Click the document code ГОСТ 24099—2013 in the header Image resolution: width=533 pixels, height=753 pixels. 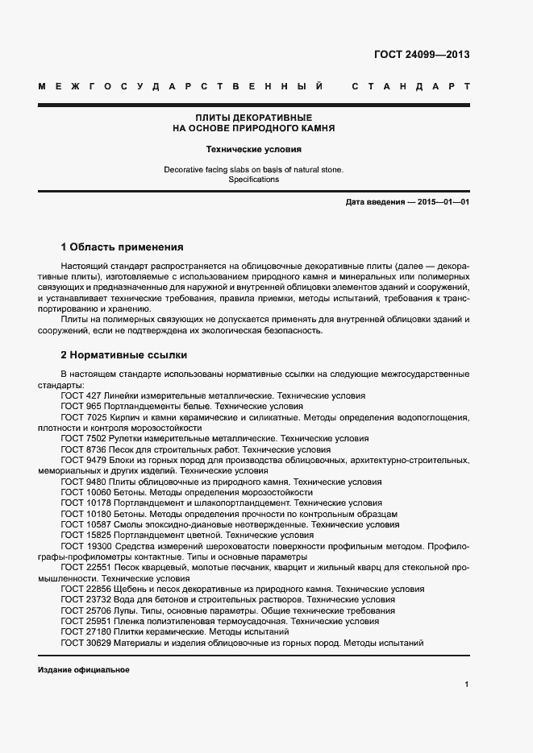[422, 56]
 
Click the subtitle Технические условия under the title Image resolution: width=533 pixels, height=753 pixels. [254, 149]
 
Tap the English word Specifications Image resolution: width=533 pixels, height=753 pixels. [254, 180]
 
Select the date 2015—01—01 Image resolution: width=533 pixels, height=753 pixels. [443, 202]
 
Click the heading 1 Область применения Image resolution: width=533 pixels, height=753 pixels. [123, 246]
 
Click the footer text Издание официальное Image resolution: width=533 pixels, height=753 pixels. [83, 670]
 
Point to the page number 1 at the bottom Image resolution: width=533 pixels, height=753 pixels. [467, 685]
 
